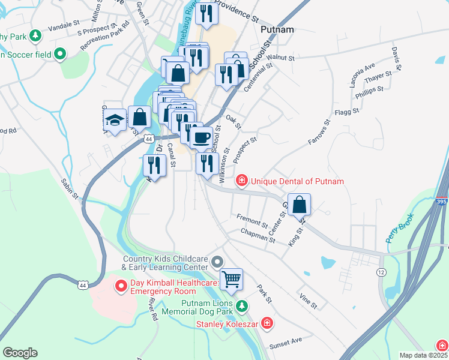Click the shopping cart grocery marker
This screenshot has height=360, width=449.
[x=231, y=279]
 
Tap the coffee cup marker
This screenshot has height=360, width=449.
[x=201, y=137]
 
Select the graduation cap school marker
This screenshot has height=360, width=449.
[x=113, y=121]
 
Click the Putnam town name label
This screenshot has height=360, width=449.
[x=277, y=28]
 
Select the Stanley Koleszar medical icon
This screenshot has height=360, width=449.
[x=267, y=325]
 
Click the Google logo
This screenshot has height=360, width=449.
[x=20, y=353]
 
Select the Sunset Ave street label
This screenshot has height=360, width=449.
[x=286, y=341]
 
